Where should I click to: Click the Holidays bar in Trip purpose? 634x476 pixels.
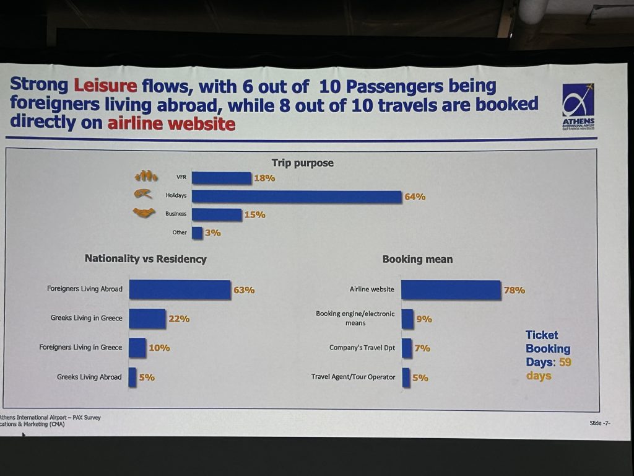[x=297, y=196]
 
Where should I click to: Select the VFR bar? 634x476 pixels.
[x=221, y=178]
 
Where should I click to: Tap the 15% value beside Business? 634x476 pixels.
[x=254, y=214]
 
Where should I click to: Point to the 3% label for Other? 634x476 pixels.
[x=212, y=234]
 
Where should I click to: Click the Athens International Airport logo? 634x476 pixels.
[x=578, y=107]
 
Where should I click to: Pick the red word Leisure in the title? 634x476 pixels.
[x=106, y=85]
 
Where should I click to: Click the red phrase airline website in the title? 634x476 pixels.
[x=172, y=124]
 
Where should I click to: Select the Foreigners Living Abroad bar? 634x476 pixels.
[x=180, y=289]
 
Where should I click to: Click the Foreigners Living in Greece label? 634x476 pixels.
[x=80, y=347]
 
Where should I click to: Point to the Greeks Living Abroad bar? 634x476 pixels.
[x=132, y=377]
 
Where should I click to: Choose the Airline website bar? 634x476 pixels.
[x=450, y=289]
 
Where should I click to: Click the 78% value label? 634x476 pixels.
[x=514, y=289]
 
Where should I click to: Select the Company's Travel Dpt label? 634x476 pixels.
[x=362, y=348]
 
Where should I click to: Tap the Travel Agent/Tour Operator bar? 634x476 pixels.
[x=406, y=377]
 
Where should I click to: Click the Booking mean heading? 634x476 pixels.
[x=417, y=259]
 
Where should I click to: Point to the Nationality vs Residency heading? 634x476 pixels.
[x=145, y=259]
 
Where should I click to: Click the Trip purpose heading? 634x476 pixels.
[x=302, y=163]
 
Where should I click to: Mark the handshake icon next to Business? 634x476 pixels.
[x=143, y=213]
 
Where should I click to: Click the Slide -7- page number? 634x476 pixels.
[x=601, y=423]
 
